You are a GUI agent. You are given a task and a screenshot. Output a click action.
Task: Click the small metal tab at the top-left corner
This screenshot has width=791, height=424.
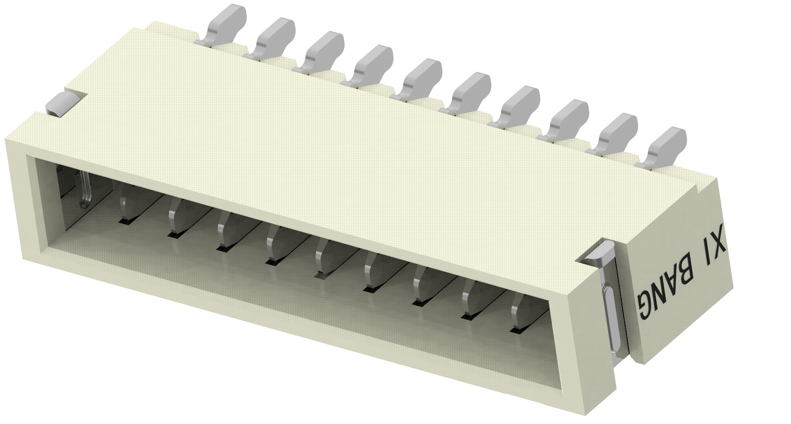61,103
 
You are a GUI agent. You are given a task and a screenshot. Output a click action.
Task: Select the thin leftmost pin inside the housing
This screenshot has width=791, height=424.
85,189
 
